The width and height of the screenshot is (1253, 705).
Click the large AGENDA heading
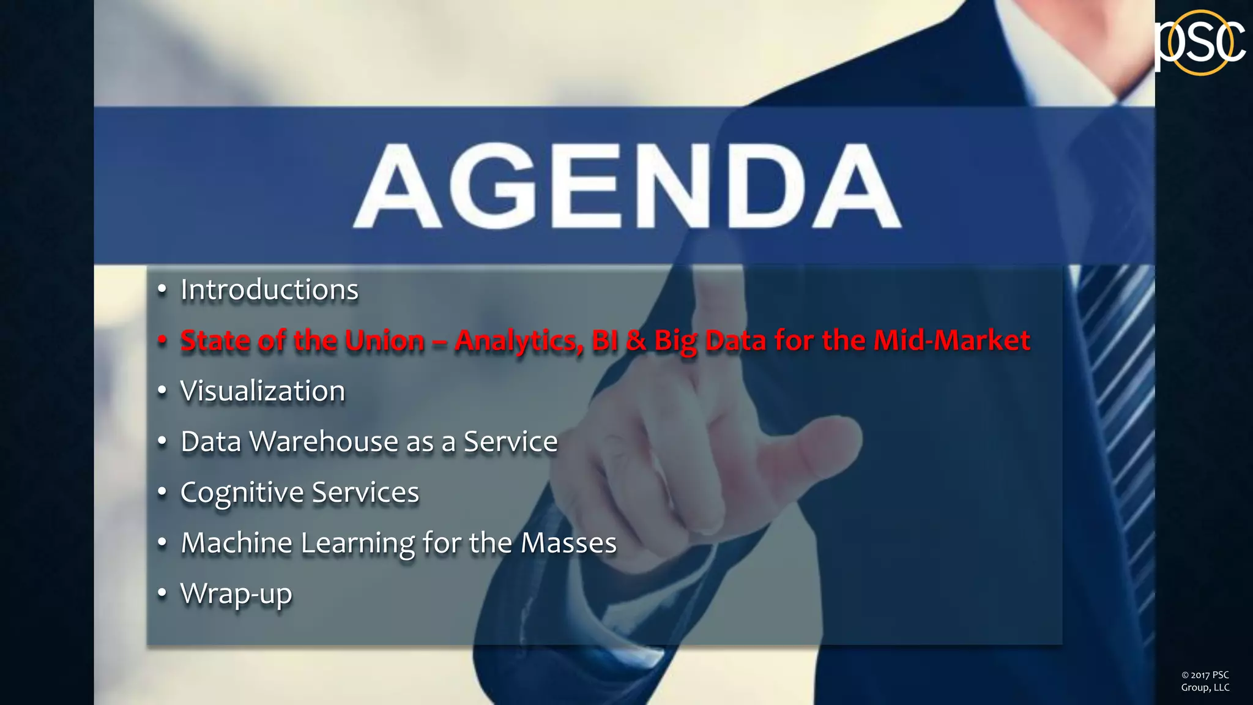[x=627, y=186]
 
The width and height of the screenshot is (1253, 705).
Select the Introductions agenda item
[x=269, y=289]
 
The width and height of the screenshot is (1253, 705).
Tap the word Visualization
[x=262, y=391]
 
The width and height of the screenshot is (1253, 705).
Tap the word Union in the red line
[x=384, y=340]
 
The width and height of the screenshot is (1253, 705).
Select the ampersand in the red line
[x=636, y=340]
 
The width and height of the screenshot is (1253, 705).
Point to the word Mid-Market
[x=951, y=340]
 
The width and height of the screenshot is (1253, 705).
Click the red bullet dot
[x=162, y=340]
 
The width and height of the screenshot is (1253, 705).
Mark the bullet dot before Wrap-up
[x=162, y=593]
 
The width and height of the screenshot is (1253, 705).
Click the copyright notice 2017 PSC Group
[x=1205, y=681]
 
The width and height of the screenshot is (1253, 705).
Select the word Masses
[x=568, y=543]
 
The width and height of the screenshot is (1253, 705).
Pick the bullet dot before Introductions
[x=162, y=289]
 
